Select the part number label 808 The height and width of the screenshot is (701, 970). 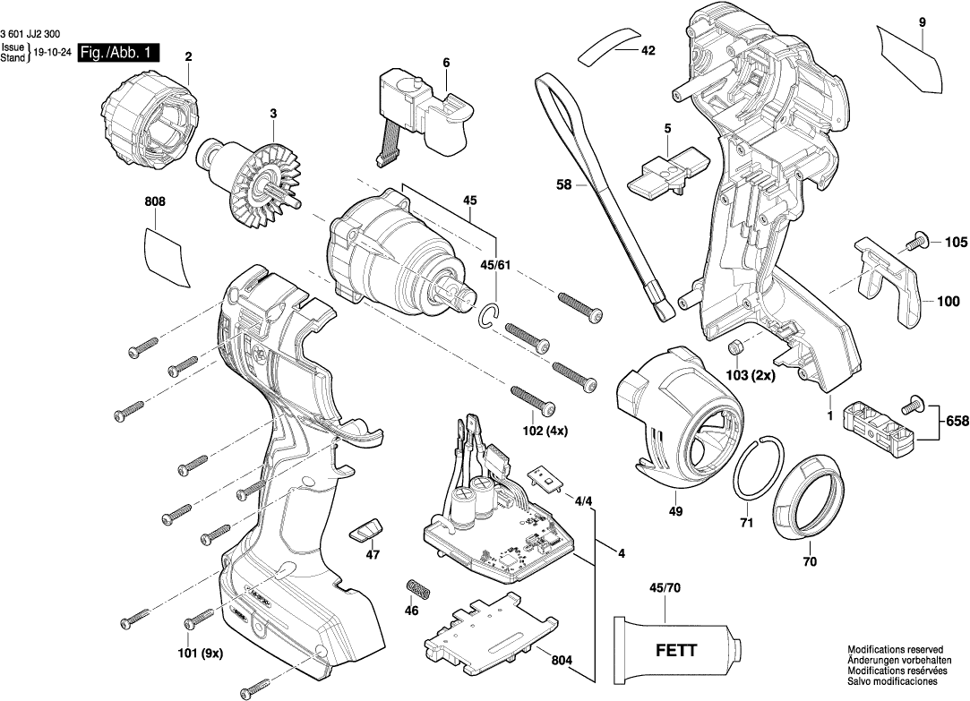pos(155,203)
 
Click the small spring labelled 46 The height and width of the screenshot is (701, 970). pos(418,592)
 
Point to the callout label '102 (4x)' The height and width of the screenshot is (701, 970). pos(544,430)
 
